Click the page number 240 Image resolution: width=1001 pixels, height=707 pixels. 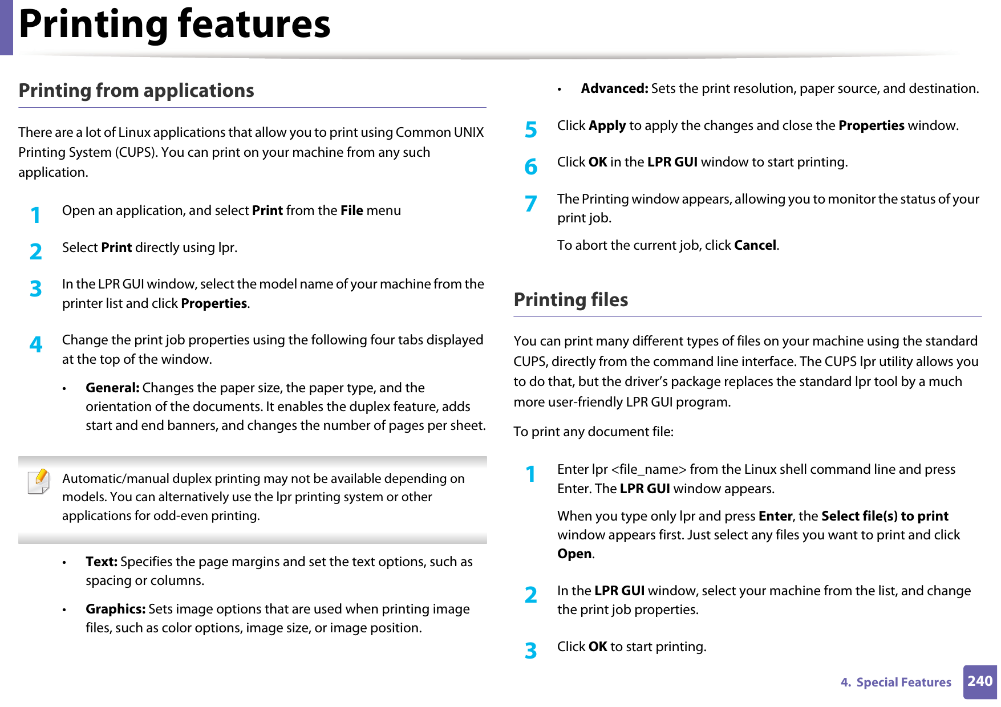[979, 681]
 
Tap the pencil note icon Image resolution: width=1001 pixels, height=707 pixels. [39, 481]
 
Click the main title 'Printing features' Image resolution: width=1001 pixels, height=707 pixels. [175, 25]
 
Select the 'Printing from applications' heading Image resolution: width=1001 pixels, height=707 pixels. [136, 91]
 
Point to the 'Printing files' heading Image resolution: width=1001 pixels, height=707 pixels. [570, 300]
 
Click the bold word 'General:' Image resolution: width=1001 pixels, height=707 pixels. [112, 388]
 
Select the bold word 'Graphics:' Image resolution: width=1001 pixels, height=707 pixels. [115, 609]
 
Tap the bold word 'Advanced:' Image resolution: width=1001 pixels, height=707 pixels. [614, 89]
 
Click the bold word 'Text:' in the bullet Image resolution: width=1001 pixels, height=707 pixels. [102, 562]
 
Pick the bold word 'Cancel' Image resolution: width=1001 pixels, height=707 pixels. [755, 246]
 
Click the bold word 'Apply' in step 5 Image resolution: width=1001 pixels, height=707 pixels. [607, 126]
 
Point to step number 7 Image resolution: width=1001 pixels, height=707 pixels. [530, 204]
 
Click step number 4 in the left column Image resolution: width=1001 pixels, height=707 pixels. [36, 344]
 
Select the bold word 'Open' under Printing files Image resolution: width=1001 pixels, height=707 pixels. [574, 554]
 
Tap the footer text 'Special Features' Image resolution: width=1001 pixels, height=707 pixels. [903, 682]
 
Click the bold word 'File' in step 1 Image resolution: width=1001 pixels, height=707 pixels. [351, 211]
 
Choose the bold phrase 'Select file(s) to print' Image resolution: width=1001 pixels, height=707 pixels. [884, 517]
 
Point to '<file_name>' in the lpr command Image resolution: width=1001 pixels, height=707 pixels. [649, 470]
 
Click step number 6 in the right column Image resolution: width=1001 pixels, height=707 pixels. [530, 167]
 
